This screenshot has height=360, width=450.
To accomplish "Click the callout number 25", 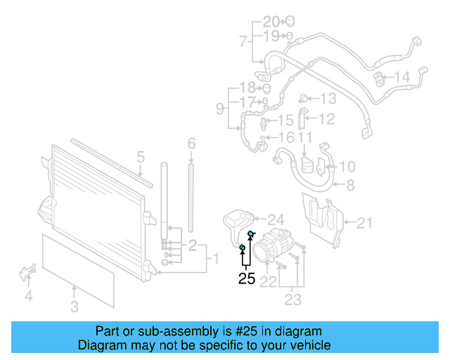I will [246, 278].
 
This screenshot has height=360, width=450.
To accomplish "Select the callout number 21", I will [364, 224].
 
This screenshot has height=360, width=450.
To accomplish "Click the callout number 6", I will [191, 144].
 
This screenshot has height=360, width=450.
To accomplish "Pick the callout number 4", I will [28, 296].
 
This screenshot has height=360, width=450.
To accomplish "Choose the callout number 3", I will [75, 307].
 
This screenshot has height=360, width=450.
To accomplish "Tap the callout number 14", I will [401, 77].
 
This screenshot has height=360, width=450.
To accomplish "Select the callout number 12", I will [326, 119].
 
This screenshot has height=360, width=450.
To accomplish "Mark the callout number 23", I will [292, 300].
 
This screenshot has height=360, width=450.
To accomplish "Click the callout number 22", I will [268, 282].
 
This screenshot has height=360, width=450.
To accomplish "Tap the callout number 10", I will [347, 167].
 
